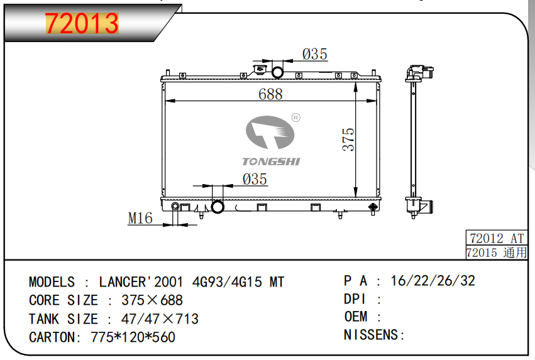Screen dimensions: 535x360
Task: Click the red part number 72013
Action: (82, 23)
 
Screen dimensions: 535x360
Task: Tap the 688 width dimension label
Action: (270, 94)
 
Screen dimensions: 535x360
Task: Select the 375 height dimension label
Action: (348, 139)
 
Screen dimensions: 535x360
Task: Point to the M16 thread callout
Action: (140, 218)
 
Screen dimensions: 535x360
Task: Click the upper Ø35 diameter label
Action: (314, 54)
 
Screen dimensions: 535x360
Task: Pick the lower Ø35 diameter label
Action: (255, 179)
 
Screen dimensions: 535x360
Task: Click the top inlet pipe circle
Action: (277, 72)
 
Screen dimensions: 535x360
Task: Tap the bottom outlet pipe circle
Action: (218, 207)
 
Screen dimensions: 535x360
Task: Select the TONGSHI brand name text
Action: (271, 161)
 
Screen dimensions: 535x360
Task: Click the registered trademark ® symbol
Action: (296, 117)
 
